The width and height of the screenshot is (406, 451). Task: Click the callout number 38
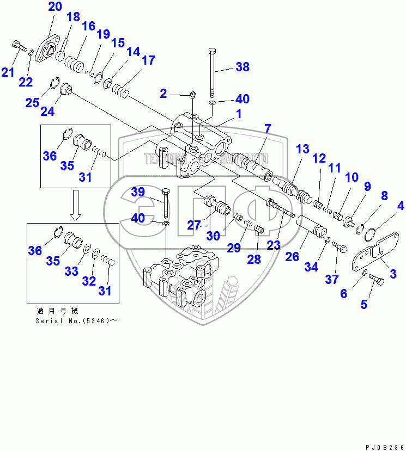(x=242, y=67)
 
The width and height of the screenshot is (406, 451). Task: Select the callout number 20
(x=55, y=7)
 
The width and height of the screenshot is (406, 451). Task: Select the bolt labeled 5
(x=376, y=280)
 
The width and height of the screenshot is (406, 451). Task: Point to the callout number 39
(x=138, y=191)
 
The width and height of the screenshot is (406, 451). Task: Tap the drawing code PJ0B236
(x=381, y=446)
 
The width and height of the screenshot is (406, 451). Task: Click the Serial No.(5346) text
(x=76, y=320)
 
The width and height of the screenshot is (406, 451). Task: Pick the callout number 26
(x=292, y=256)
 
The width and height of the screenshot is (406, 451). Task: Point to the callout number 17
(x=148, y=60)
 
